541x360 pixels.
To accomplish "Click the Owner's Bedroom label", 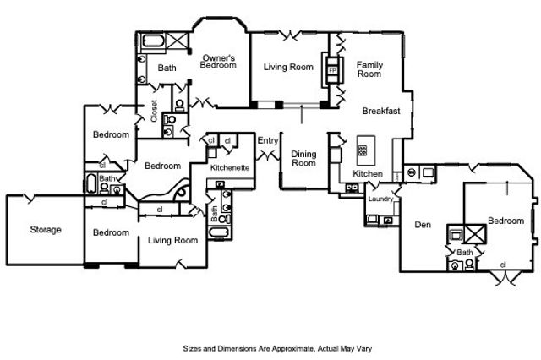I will (218, 61).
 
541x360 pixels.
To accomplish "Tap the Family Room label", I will (369, 69).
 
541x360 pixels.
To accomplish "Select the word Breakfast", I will (381, 112).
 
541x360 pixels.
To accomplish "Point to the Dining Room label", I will (303, 159).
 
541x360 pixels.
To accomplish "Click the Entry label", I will (267, 140).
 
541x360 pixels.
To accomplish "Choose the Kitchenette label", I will (229, 168).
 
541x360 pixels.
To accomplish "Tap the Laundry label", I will (380, 199).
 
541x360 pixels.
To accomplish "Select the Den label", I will (424, 226).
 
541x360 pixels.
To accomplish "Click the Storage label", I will (45, 229).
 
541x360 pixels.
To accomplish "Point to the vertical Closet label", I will (154, 112).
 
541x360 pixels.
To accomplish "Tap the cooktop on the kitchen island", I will (363, 150).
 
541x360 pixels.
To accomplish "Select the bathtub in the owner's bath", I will (153, 41).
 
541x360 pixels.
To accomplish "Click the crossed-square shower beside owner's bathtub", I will (178, 41).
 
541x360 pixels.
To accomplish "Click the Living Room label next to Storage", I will (172, 241).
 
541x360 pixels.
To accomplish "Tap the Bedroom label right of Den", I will (505, 220).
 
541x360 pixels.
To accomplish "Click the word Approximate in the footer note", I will (283, 348).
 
